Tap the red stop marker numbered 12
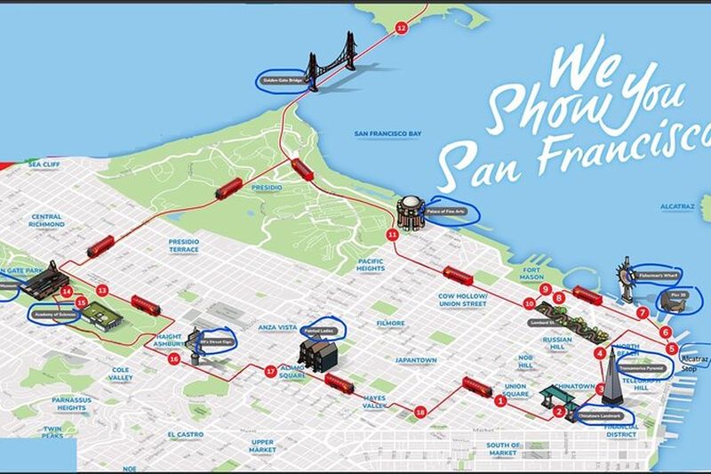coord(401,28)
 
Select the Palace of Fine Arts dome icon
coord(411,213)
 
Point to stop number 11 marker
coord(392,234)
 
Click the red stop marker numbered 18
coord(420,411)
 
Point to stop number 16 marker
coord(174,358)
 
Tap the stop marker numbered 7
coord(643,313)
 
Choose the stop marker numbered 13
coord(102,290)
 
